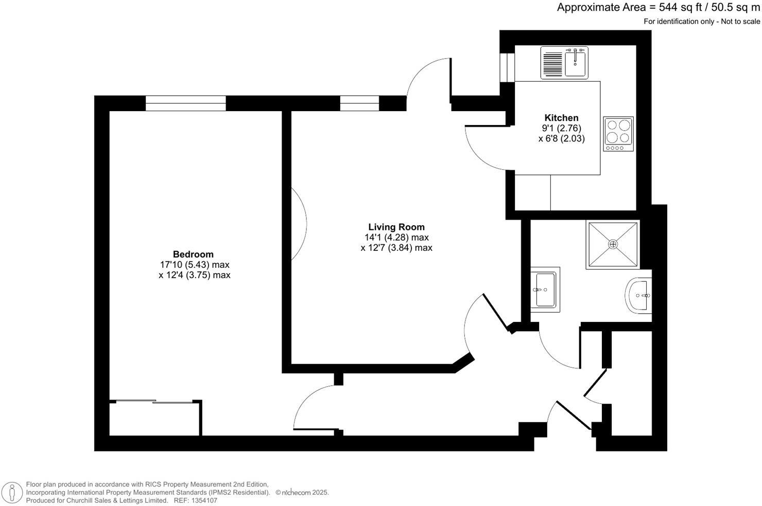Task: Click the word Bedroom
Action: pos(193,254)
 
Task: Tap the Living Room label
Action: pos(396,227)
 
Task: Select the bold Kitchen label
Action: pos(561,118)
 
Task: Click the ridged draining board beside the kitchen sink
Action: pos(552,63)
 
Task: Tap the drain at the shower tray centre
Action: pos(613,244)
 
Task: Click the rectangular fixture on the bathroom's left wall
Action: pos(545,290)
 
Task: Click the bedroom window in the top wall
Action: pos(185,103)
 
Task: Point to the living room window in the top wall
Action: pos(359,103)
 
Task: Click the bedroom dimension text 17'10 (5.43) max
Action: pos(195,265)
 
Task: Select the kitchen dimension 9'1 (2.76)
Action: pos(561,128)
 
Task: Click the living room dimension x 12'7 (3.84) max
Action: pos(396,248)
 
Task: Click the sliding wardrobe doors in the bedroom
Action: pos(154,402)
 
